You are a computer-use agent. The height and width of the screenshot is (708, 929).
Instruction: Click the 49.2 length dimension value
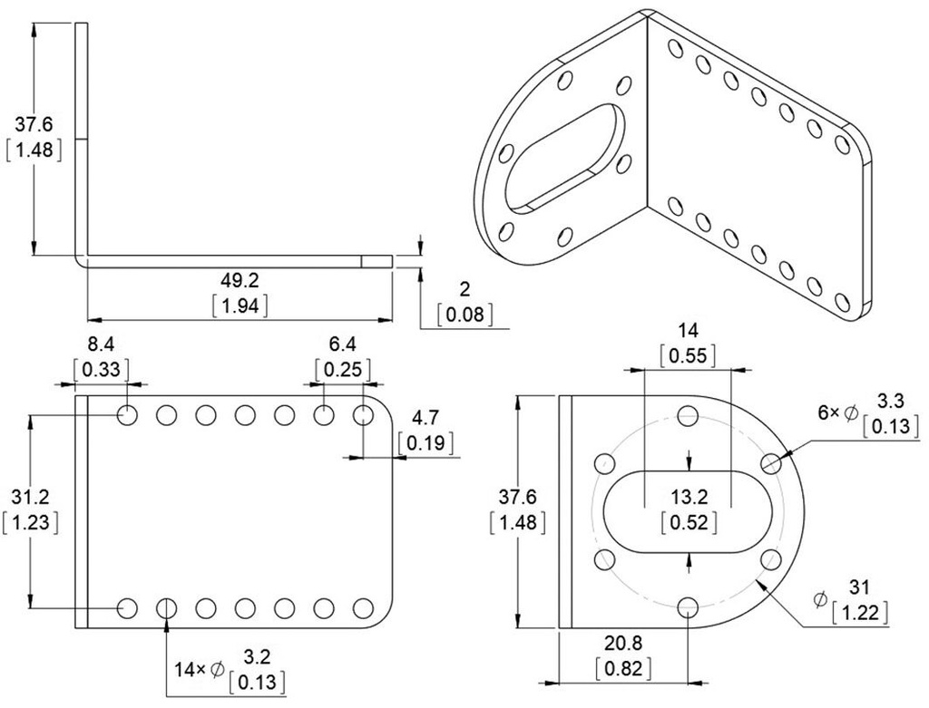(x=240, y=279)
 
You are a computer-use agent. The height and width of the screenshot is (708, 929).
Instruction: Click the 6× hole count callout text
(x=828, y=412)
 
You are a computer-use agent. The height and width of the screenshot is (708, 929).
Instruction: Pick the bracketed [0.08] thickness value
(x=465, y=315)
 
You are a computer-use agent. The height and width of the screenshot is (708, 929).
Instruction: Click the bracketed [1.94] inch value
(x=240, y=306)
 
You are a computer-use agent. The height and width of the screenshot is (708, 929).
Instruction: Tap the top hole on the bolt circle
(x=688, y=416)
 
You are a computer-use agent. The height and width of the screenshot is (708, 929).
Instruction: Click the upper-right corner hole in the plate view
(x=363, y=416)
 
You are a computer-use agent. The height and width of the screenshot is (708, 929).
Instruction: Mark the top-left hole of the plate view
(x=127, y=416)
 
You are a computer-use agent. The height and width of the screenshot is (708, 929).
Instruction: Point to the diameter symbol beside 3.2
(x=218, y=670)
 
